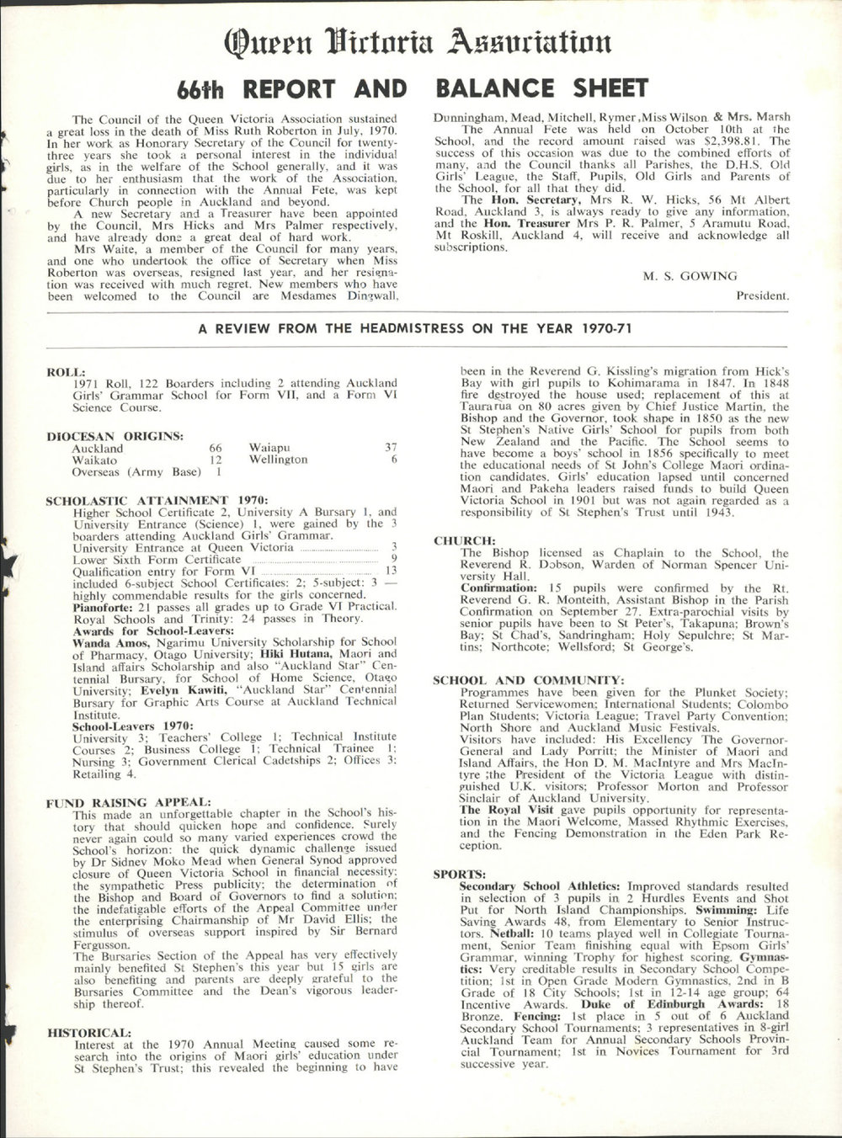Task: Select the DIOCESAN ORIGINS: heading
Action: pos(115,435)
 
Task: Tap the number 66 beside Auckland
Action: pos(215,449)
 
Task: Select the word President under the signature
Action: pos(763,295)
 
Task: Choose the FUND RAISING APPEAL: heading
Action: pos(127,802)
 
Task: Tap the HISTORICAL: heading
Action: pos(89,1031)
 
